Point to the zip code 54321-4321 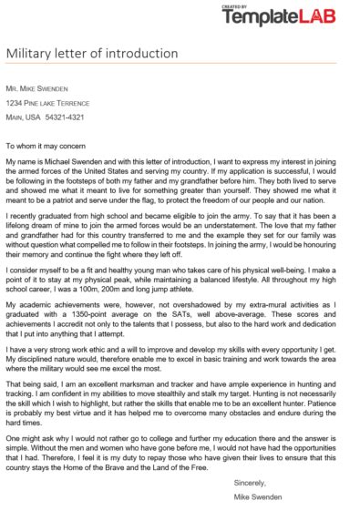64,117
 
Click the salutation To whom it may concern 46,145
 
